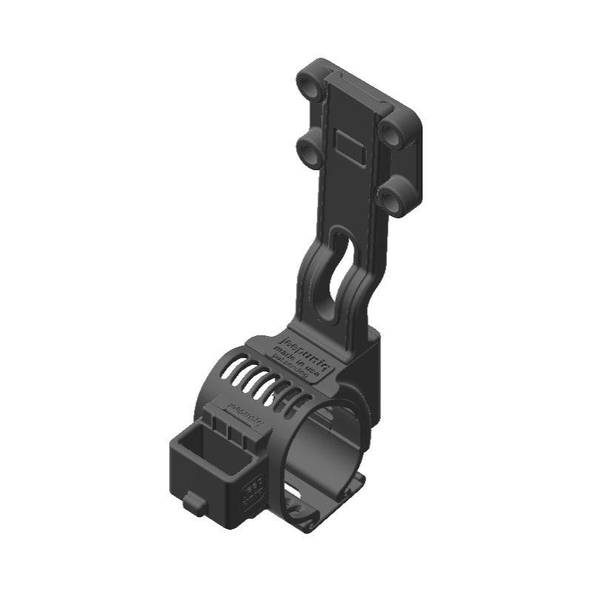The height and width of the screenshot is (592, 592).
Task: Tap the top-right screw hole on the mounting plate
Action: click(391, 132)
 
